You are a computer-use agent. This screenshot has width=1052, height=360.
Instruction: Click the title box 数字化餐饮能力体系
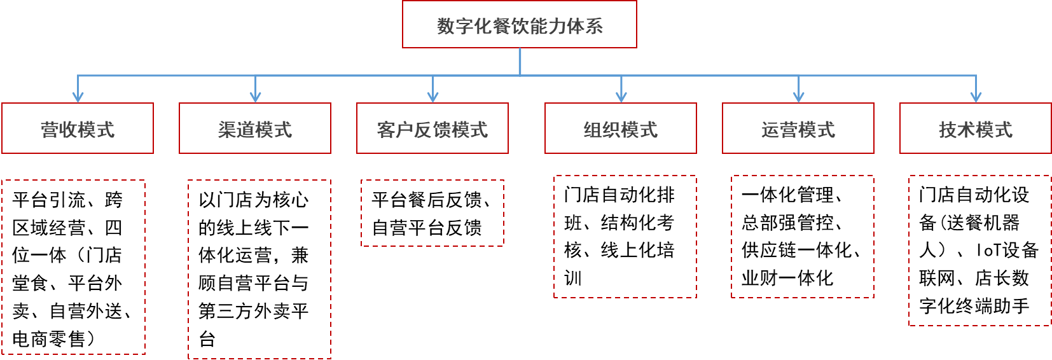pyautogui.click(x=519, y=25)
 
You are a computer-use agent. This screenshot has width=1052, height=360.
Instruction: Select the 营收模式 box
pyautogui.click(x=78, y=128)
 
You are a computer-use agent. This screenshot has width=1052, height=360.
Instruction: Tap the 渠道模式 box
pyautogui.click(x=255, y=128)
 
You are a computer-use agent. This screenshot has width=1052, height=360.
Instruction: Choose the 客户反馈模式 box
pyautogui.click(x=433, y=128)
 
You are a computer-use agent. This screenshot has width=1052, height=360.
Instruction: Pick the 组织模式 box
pyautogui.click(x=621, y=128)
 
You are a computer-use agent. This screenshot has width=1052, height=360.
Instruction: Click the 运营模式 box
pyautogui.click(x=798, y=128)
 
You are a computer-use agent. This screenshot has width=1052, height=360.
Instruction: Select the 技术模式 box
pyautogui.click(x=976, y=128)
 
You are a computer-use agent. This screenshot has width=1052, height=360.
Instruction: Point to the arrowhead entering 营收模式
pyautogui.click(x=78, y=97)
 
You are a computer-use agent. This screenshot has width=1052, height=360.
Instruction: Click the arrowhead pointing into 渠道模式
pyautogui.click(x=255, y=97)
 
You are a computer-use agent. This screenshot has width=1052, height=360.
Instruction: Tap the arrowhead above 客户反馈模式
pyautogui.click(x=433, y=97)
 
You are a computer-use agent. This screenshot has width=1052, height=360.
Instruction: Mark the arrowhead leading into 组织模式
pyautogui.click(x=621, y=97)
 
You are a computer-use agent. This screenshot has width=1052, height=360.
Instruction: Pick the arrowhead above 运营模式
pyautogui.click(x=799, y=97)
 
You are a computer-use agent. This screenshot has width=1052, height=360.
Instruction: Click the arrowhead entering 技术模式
pyautogui.click(x=976, y=97)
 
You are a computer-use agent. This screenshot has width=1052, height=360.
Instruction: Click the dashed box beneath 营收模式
pyautogui.click(x=74, y=267)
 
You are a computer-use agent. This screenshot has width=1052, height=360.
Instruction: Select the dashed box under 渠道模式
pyautogui.click(x=260, y=269)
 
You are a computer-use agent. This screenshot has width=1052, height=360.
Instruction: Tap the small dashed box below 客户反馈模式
pyautogui.click(x=433, y=212)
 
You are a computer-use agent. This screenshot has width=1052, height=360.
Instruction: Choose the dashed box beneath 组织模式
pyautogui.click(x=625, y=237)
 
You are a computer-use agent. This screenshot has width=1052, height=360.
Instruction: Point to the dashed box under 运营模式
pyautogui.click(x=803, y=237)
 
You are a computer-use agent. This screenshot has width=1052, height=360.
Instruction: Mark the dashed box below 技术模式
pyautogui.click(x=979, y=251)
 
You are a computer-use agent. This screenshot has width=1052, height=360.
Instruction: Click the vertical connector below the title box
pyautogui.click(x=520, y=62)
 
